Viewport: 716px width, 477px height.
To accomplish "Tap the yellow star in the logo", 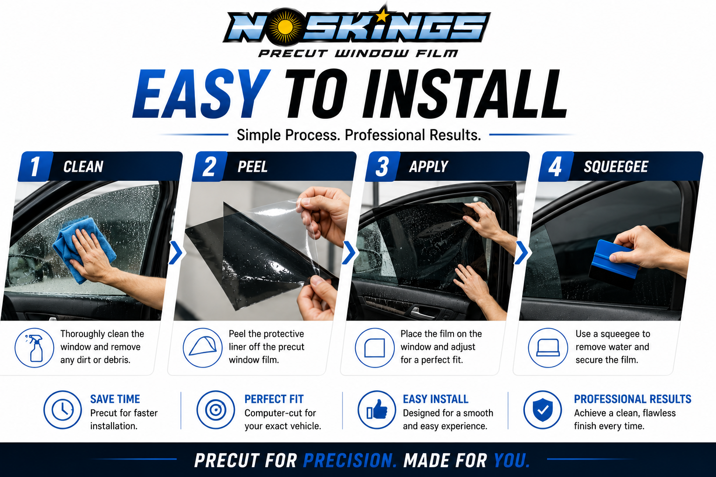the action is point(383,15).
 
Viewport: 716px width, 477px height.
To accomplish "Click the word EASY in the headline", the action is point(201,94).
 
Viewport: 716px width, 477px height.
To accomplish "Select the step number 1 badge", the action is point(34,166).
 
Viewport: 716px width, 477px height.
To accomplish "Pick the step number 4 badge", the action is point(556,166).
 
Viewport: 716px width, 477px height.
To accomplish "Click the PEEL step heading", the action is point(253,167).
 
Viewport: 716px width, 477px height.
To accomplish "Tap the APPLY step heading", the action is point(429,167).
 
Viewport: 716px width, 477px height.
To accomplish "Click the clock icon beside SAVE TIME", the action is point(62,409).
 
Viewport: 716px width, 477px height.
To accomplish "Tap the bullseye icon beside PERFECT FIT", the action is point(216,409).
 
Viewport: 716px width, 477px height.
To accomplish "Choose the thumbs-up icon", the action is point(377,409).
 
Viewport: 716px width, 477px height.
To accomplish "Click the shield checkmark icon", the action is point(543,409).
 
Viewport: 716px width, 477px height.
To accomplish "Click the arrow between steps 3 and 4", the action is point(522,253).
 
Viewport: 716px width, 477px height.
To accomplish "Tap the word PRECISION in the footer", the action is point(350,460).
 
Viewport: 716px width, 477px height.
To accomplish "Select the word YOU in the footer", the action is point(512,460).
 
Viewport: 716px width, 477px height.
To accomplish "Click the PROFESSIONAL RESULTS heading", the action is point(633,399).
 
